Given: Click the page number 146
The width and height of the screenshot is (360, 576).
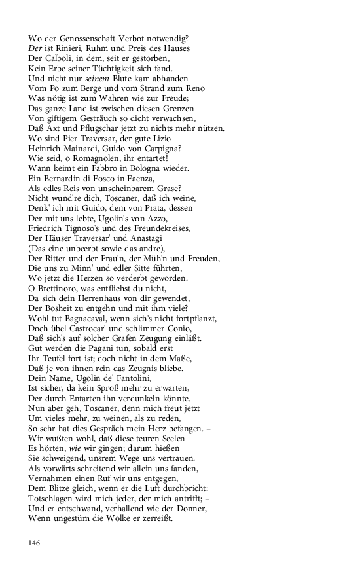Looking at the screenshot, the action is tap(35, 542).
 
